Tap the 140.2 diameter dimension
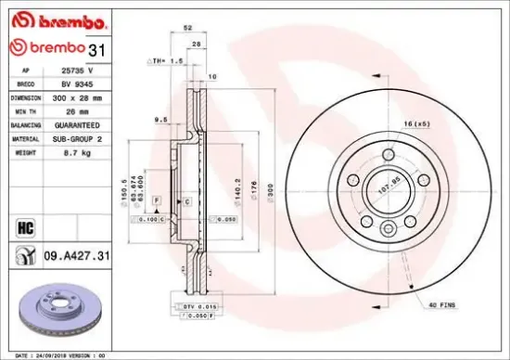(x=240, y=189)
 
